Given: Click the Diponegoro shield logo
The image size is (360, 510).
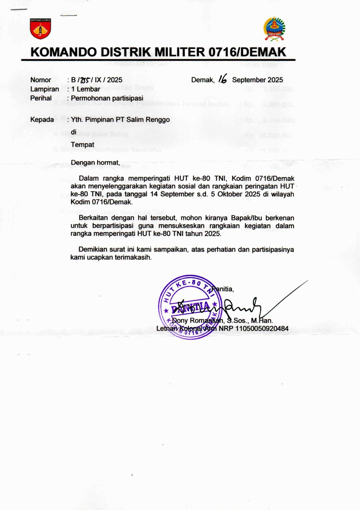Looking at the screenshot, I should click(x=40, y=29).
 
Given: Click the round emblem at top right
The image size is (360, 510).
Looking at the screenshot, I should click(x=274, y=29).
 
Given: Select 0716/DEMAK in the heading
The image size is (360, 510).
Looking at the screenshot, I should click(x=247, y=52).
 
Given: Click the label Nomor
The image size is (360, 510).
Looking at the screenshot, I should click(x=41, y=80).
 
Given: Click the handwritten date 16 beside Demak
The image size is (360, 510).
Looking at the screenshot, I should click(x=223, y=79).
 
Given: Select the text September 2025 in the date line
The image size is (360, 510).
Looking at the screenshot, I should click(x=257, y=80).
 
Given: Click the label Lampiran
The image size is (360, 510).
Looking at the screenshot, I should click(x=45, y=89).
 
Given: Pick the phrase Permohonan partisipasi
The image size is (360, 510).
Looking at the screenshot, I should click(x=107, y=98).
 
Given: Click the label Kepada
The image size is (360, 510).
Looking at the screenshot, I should click(x=42, y=120).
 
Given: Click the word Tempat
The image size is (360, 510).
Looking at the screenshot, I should click(x=82, y=145).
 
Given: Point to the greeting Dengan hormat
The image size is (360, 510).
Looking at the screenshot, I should click(x=95, y=163).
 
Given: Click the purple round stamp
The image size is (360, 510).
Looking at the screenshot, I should click(x=190, y=307).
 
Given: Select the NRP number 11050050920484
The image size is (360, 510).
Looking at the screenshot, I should click(x=262, y=329).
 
